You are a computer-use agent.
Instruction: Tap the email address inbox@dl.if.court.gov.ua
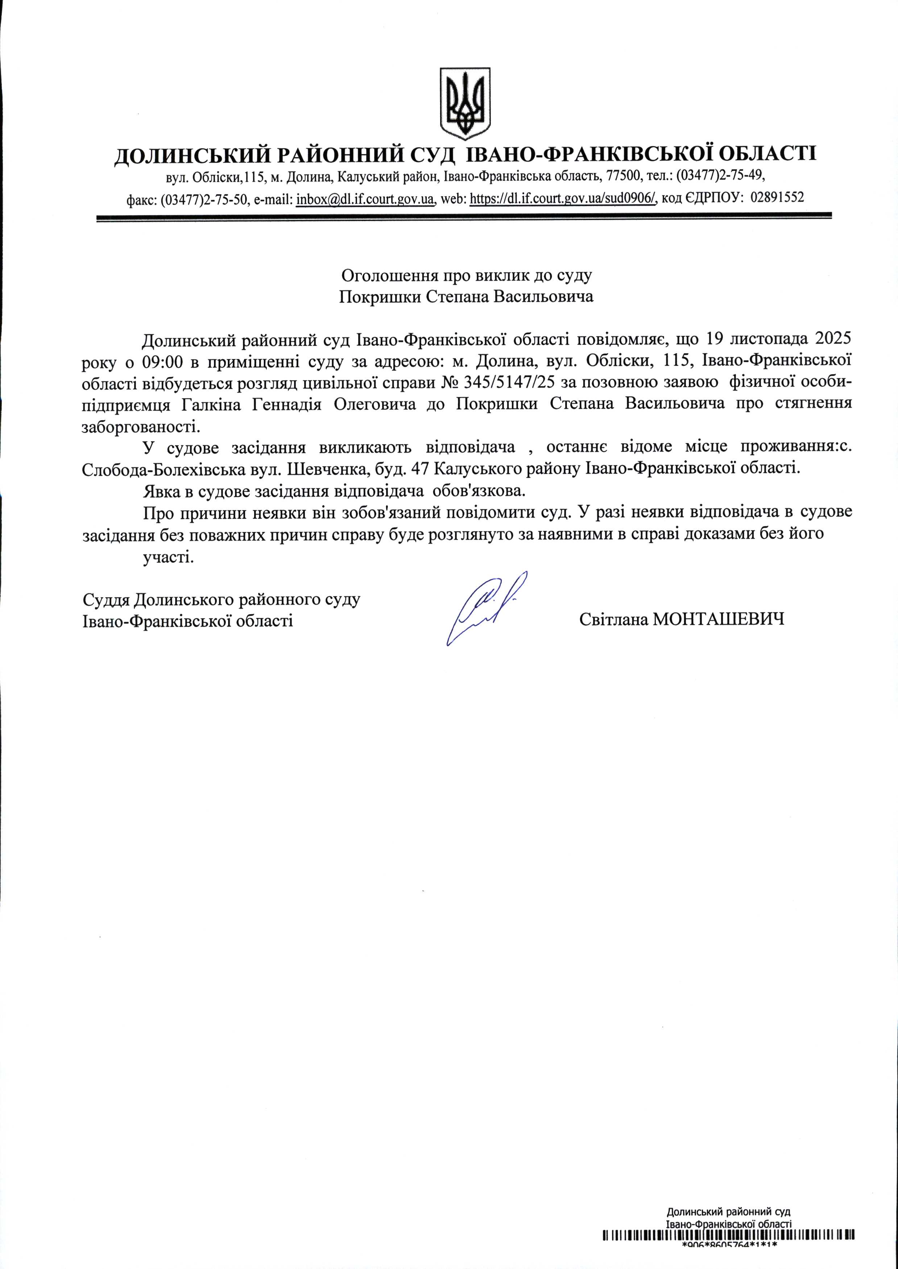[365, 198]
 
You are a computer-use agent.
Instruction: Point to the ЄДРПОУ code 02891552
[777, 197]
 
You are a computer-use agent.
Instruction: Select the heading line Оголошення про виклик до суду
[466, 275]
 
